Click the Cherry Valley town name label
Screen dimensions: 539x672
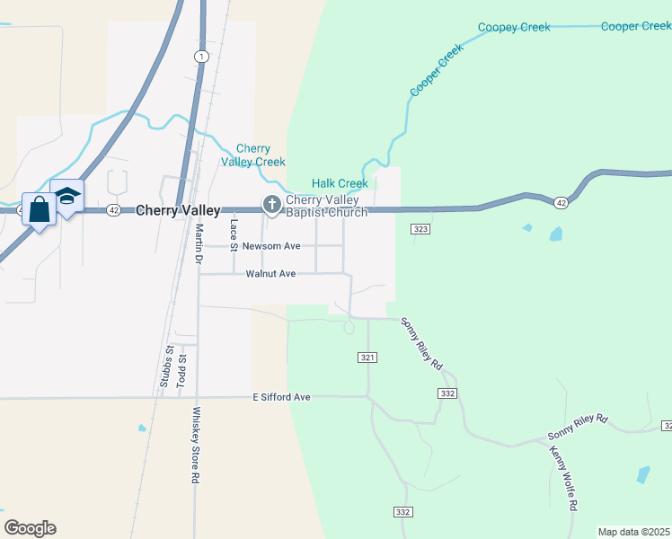(x=178, y=210)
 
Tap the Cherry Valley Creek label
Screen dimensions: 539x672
(x=253, y=155)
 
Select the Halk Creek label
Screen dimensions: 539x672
(x=340, y=183)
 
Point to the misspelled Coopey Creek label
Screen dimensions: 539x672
(x=514, y=27)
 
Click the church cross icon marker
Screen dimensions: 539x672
(x=271, y=206)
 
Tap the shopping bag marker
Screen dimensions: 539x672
(x=40, y=211)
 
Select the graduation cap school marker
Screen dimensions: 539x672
(x=66, y=197)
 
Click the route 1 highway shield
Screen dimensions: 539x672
(x=201, y=57)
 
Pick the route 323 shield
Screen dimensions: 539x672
(x=420, y=230)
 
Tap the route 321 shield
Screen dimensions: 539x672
(x=368, y=358)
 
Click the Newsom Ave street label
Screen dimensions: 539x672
(x=271, y=245)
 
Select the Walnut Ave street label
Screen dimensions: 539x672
(x=270, y=274)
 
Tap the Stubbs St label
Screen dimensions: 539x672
(x=165, y=367)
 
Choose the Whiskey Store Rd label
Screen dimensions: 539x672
(x=194, y=446)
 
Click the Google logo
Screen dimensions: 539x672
(x=30, y=528)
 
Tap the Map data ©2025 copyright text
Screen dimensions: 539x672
(x=633, y=532)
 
